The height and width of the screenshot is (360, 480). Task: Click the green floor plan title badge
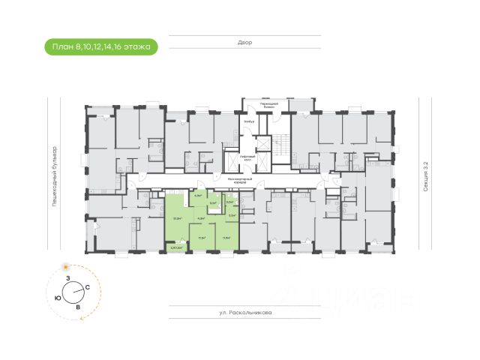tap(100, 47)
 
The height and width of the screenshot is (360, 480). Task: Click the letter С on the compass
tap(88, 287)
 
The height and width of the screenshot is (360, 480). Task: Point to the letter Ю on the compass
tap(58, 298)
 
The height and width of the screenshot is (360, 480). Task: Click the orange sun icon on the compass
tap(67, 266)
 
